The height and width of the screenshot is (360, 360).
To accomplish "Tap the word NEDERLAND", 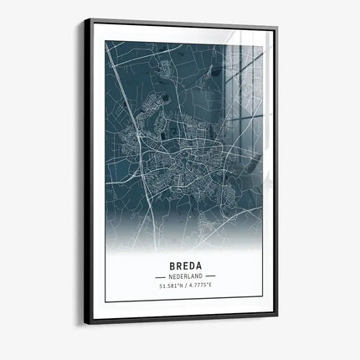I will pos(185,275).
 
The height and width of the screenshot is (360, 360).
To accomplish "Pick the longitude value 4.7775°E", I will pos(202,286).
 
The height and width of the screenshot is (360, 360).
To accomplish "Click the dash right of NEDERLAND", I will pos(210,275).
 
